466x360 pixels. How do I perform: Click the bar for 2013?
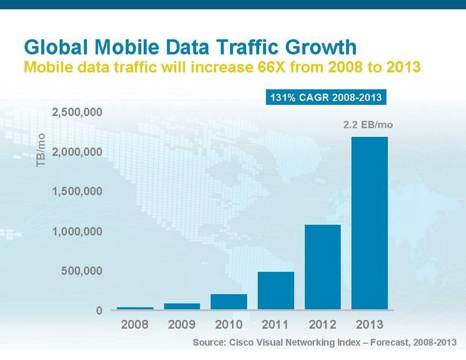coord(370,223)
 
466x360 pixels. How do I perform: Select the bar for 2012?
coord(323,267)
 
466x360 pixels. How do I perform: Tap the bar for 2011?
coord(276,290)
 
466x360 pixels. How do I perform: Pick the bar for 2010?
coord(229,302)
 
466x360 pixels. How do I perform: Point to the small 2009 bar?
coord(182,307)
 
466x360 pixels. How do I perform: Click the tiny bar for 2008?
coord(136,308)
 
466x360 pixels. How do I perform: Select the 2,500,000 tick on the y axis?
coord(77,112)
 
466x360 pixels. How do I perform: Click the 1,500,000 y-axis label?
coord(77,191)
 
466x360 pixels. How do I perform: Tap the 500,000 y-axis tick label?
coord(82,271)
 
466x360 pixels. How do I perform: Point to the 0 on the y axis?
coord(99,310)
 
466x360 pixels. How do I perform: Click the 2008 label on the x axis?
coord(134,324)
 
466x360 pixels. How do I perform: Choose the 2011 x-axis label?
coord(275,324)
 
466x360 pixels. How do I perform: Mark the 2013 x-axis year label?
coord(370,324)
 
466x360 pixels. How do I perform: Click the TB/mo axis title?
coord(40,150)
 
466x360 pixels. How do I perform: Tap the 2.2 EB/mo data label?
coord(368,125)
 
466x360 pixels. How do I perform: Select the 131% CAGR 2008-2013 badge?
coord(326,97)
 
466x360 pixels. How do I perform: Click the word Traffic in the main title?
coord(248,47)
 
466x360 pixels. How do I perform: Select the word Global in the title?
coord(56,47)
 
